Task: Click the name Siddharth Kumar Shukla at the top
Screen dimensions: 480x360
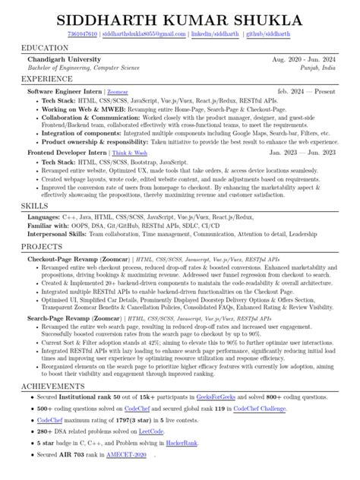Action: click(180, 16)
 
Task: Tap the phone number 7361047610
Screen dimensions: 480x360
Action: click(81, 34)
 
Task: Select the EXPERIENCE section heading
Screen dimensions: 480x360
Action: click(46, 78)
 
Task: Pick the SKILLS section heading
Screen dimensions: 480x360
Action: click(35, 206)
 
